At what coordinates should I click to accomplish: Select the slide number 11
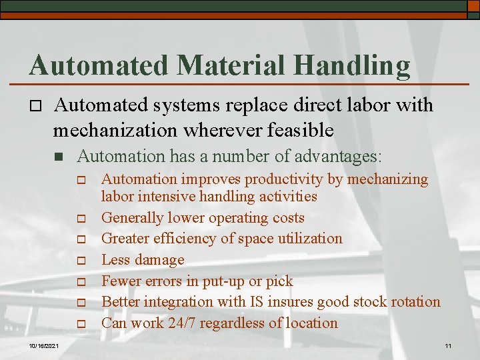[448, 346]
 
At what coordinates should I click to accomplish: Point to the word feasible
[295, 131]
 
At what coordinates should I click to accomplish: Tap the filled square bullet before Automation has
[59, 157]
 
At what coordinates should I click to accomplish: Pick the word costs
[287, 218]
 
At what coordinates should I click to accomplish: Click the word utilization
[311, 239]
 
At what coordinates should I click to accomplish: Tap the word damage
[161, 260]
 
